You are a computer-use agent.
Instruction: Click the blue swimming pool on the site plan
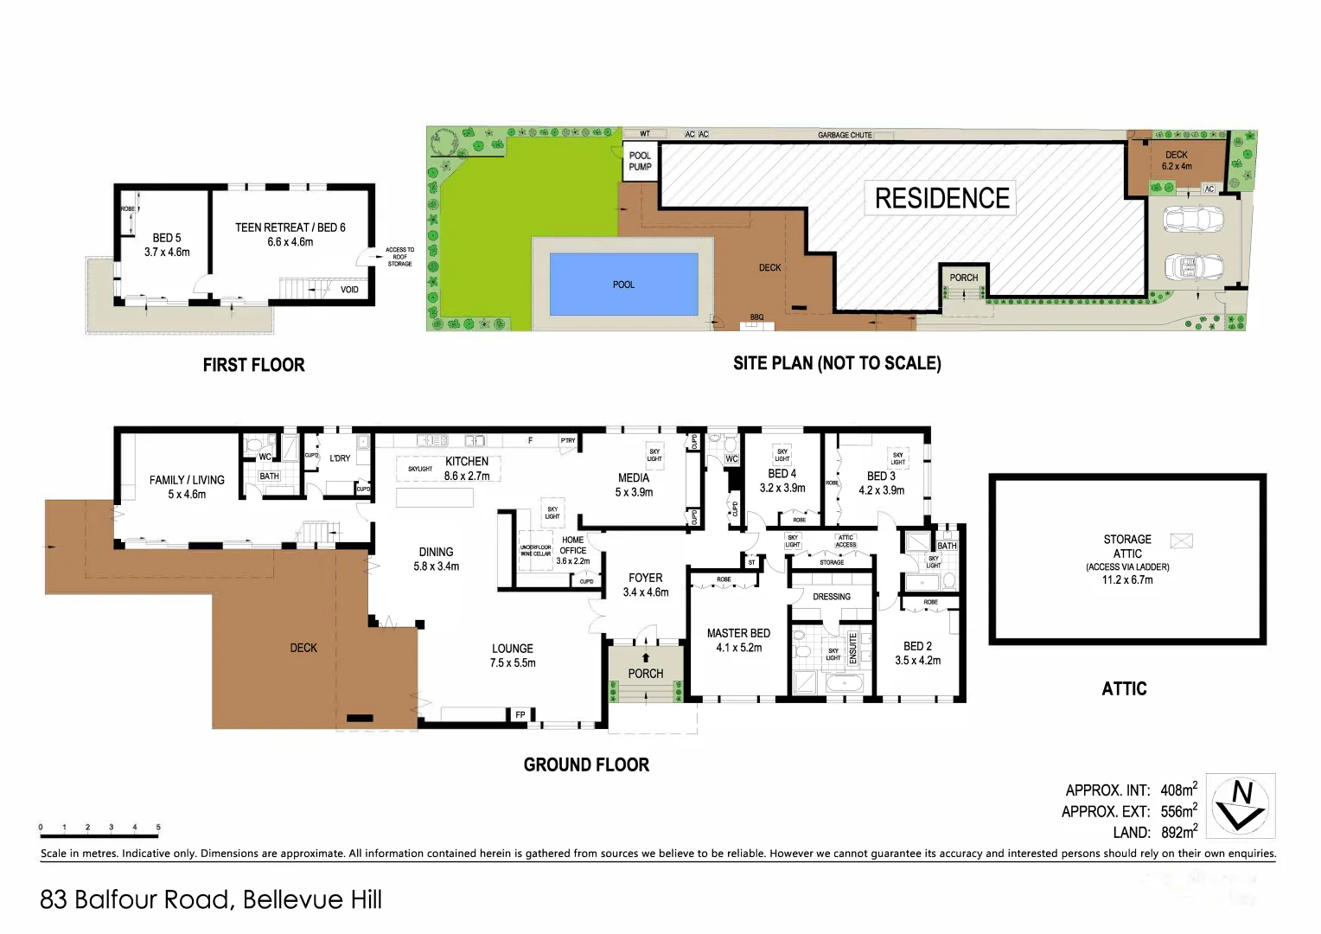(623, 284)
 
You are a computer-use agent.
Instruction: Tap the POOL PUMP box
(640, 162)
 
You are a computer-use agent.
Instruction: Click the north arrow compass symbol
(1241, 805)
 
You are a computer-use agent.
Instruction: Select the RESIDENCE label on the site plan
(941, 198)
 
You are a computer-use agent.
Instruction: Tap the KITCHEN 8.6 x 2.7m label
(467, 469)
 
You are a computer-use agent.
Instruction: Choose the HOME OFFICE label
(572, 545)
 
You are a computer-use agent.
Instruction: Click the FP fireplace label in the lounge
(520, 714)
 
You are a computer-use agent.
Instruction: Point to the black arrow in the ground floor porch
(646, 657)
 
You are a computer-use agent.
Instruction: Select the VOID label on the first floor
(349, 290)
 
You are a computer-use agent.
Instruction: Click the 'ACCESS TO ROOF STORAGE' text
(399, 257)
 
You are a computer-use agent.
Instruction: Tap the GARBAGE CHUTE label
(845, 135)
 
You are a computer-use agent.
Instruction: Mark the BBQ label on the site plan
(756, 317)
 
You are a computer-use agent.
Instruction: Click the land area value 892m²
(1178, 832)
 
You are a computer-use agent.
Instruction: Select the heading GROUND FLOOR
(586, 764)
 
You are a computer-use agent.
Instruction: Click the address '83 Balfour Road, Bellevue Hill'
(211, 899)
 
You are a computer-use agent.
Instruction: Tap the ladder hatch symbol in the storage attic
(1181, 541)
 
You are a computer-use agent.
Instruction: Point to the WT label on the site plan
(645, 134)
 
